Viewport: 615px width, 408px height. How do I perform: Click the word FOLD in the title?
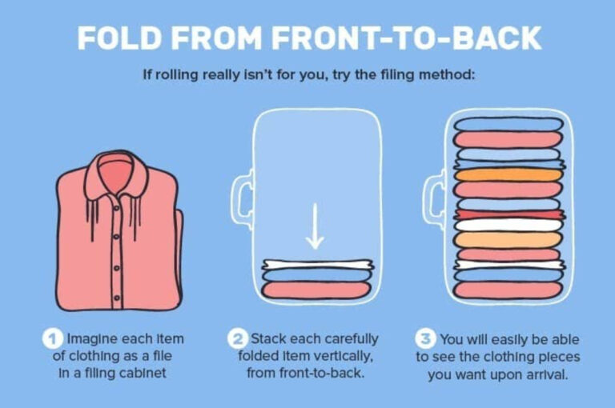pos(119,38)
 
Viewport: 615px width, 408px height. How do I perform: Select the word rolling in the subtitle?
pos(177,74)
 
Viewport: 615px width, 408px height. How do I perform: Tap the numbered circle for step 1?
pos(53,339)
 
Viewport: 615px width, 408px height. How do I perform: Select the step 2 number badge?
pos(237,338)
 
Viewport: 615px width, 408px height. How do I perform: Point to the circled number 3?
pos(425,339)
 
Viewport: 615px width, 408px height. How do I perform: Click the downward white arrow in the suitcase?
pos(315,226)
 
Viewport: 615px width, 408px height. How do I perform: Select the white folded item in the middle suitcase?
pos(318,265)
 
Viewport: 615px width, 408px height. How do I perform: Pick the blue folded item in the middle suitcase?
pos(316,275)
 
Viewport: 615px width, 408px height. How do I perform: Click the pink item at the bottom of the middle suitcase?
pos(316,290)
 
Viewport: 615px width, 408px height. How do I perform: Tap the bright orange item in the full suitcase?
pos(508,175)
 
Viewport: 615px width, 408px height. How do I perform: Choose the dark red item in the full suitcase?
pos(509,214)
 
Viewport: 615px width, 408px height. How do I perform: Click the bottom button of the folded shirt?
pos(116,298)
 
